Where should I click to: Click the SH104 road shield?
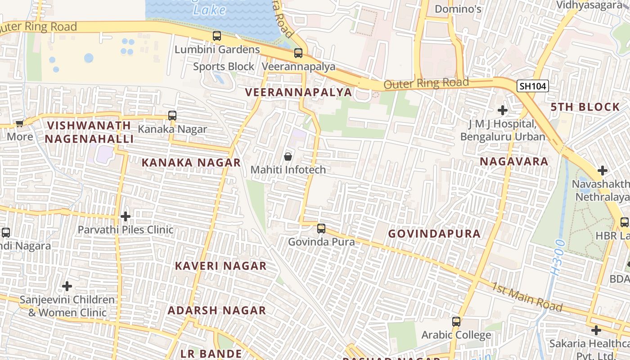click(532, 86)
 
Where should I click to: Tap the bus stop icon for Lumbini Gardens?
click(217, 36)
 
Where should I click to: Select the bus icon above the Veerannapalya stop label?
click(298, 53)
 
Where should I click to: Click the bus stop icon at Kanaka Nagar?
click(172, 116)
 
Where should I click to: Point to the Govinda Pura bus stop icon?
click(321, 229)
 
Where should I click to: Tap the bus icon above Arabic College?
click(456, 322)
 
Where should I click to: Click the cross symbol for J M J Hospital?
click(503, 110)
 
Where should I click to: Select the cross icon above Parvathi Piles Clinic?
click(125, 217)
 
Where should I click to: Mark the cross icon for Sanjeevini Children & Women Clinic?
click(67, 286)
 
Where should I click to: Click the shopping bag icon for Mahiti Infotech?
click(288, 157)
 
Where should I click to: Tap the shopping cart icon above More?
click(19, 123)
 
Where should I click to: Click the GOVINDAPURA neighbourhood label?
click(434, 234)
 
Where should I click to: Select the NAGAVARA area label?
click(514, 162)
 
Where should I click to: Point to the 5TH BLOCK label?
click(585, 107)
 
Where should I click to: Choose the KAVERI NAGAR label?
click(220, 266)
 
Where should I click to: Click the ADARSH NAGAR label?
click(217, 310)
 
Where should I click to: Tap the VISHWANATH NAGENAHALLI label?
click(89, 132)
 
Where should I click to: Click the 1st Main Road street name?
click(526, 297)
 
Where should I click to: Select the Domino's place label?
click(458, 9)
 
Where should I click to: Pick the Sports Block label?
click(224, 67)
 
